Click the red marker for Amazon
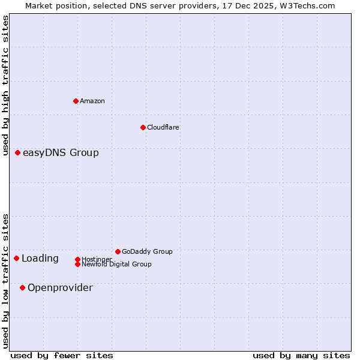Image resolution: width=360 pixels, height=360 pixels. (76, 101)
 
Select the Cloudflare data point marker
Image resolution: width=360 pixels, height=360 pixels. (143, 127)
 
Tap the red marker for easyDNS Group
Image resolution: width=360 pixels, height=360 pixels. (17, 153)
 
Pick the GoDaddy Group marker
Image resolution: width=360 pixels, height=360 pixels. (118, 251)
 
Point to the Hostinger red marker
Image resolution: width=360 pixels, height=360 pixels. (77, 259)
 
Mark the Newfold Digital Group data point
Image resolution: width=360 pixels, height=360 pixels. (77, 264)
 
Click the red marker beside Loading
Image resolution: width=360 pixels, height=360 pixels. (16, 259)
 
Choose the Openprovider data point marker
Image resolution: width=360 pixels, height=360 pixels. (22, 288)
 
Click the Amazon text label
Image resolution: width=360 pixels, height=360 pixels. (92, 101)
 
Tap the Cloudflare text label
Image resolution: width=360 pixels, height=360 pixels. (163, 127)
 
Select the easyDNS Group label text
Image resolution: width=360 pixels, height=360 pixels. (61, 153)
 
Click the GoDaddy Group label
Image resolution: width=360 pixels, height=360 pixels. (147, 251)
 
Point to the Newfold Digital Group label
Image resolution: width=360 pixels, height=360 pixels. (116, 264)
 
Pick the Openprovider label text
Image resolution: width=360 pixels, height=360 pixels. (60, 288)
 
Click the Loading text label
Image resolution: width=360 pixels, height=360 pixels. (40, 259)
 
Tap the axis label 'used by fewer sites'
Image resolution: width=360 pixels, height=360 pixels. (62, 355)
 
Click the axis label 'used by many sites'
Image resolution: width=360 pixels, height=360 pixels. (301, 355)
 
